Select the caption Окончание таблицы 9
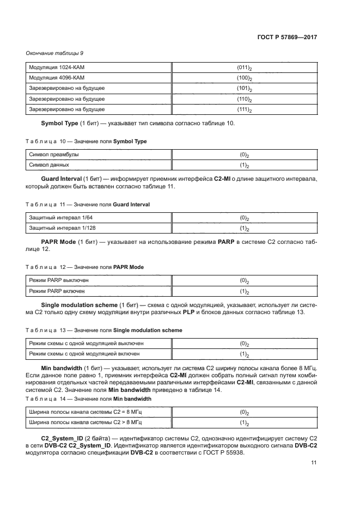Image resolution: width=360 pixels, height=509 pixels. coord(54,53)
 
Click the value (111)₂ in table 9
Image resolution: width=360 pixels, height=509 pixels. coord(243,110)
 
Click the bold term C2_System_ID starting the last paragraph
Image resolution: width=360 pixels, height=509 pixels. coord(62,438)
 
